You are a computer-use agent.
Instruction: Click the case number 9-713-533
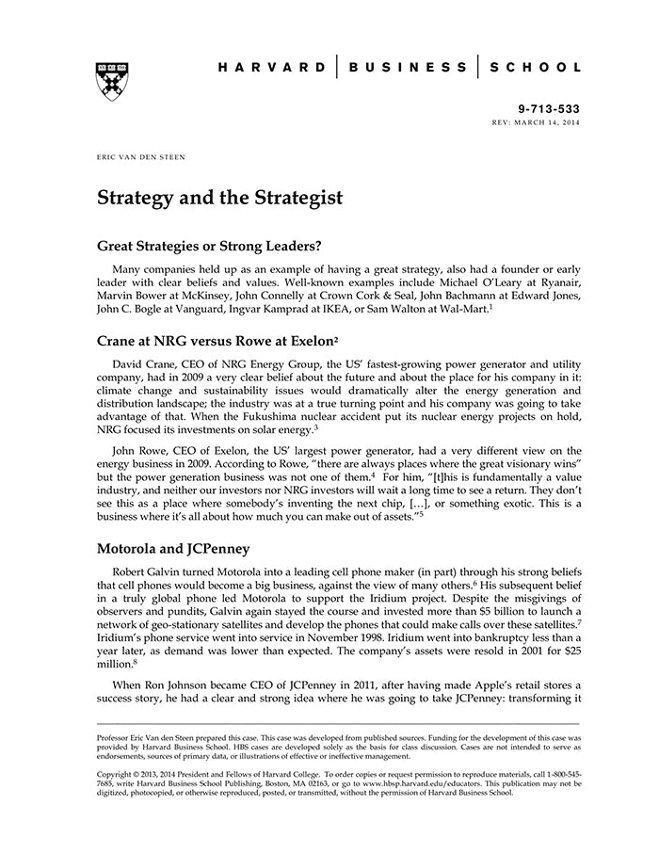550,109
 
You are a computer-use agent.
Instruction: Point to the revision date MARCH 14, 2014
549,122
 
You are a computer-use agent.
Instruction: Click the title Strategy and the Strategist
219,199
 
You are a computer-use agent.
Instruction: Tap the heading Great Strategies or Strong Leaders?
210,247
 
